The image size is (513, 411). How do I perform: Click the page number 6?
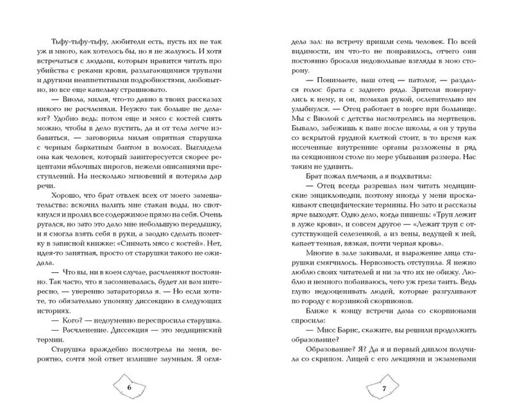click(x=129, y=387)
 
